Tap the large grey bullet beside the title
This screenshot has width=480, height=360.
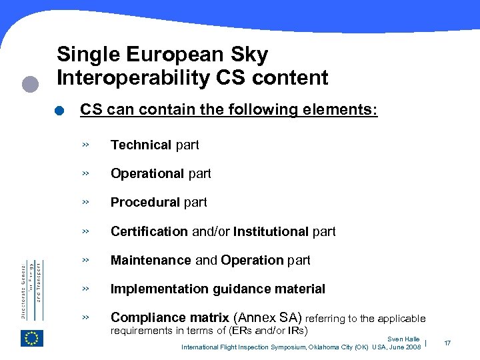pyautogui.click(x=30, y=84)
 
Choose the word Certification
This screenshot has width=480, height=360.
pyautogui.click(x=149, y=231)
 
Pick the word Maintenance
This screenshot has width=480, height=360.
pyautogui.click(x=151, y=260)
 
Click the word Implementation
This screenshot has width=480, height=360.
pyautogui.click(x=160, y=289)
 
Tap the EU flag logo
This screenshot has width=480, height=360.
pyautogui.click(x=32, y=338)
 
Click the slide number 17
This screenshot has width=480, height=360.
pyautogui.click(x=447, y=343)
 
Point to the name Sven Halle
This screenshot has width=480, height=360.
pyautogui.click(x=403, y=339)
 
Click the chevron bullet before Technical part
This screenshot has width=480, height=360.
pyautogui.click(x=85, y=145)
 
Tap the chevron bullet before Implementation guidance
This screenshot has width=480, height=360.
pyautogui.click(x=85, y=289)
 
